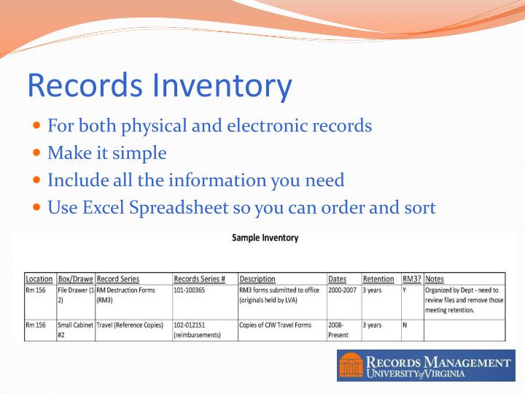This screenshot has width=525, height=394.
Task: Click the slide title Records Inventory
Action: (x=159, y=85)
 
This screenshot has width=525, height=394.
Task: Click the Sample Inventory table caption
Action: (x=265, y=238)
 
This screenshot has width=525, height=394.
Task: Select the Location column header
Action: (x=39, y=279)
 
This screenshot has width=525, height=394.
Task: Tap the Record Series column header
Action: (x=117, y=279)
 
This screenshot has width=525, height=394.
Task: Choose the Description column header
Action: (x=257, y=279)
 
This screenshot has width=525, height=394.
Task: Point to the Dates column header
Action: (x=337, y=279)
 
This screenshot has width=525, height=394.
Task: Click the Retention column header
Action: (x=378, y=279)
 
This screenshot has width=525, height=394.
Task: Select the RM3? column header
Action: (x=411, y=279)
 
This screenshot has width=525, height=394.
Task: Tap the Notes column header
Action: (x=435, y=279)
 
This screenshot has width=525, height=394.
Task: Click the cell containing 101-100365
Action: (x=194, y=290)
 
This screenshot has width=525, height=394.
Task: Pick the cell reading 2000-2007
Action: (x=343, y=290)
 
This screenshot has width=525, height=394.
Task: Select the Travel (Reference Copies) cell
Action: (x=130, y=325)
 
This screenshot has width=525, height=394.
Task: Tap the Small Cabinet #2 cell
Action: (x=75, y=330)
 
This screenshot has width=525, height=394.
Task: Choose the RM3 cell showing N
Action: (x=405, y=325)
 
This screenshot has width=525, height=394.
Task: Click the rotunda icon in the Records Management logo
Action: (x=351, y=365)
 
